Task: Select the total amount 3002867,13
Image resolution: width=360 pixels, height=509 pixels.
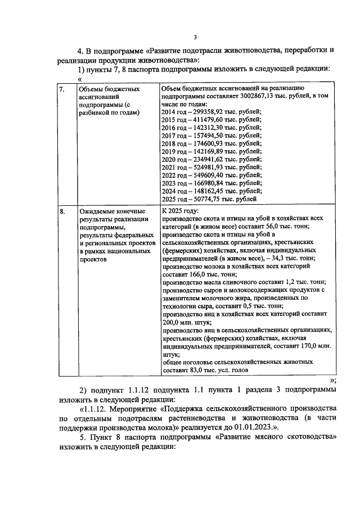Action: [x=260, y=97]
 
